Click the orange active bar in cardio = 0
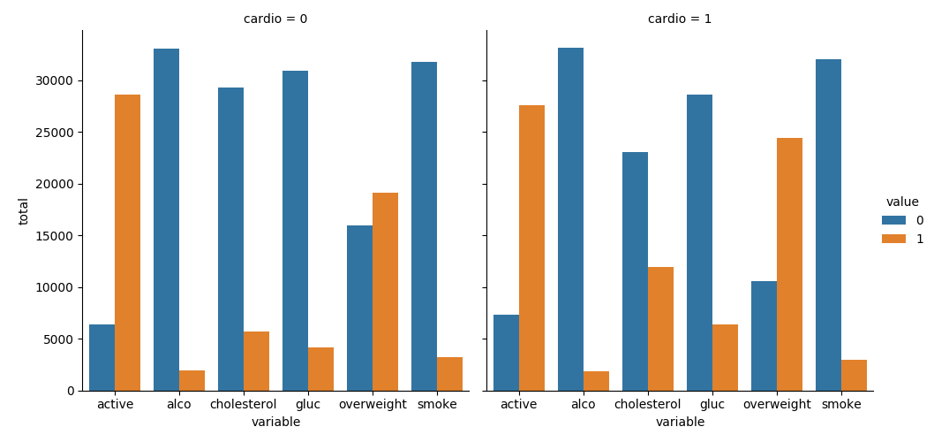click(x=127, y=242)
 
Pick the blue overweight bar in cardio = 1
click(x=764, y=336)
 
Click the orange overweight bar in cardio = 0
click(x=385, y=292)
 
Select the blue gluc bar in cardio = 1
click(x=699, y=242)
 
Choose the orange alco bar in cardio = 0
click(x=192, y=380)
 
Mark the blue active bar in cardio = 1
click(x=506, y=353)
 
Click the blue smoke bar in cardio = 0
click(x=424, y=226)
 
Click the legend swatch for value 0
click(x=893, y=220)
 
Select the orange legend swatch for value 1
click(x=893, y=239)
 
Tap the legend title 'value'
click(x=902, y=202)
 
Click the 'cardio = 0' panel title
click(x=275, y=19)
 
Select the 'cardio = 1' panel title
click(x=680, y=19)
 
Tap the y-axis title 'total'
click(x=24, y=210)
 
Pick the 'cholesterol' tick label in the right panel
click(x=647, y=404)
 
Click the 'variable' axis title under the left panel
click(x=275, y=423)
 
